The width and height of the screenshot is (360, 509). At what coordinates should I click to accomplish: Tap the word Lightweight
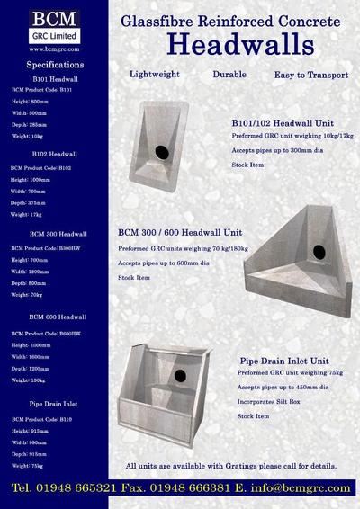click(155, 75)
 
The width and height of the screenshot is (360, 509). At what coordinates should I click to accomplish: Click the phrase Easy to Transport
click(310, 75)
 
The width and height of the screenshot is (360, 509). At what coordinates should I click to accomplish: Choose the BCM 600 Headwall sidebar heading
click(58, 317)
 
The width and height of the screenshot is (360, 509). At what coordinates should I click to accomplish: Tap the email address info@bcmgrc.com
click(301, 487)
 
